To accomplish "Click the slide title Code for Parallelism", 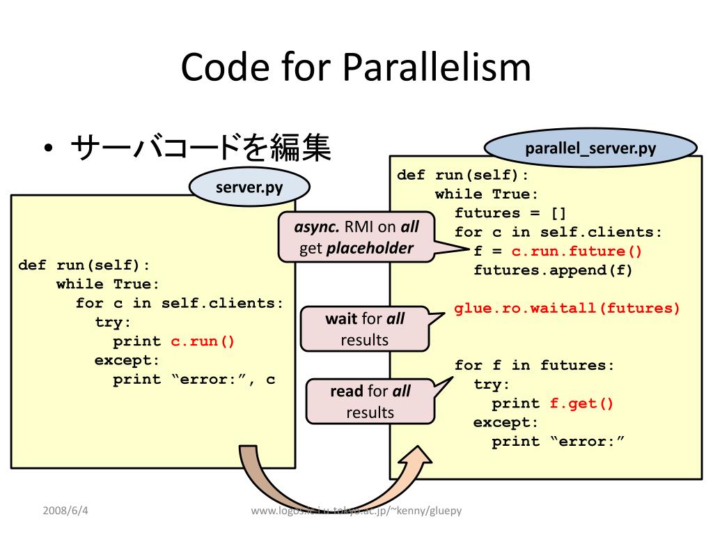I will tap(356, 68).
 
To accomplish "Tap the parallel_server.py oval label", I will tap(590, 148).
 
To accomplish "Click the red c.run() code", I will tap(203, 341).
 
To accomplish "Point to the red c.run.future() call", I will tap(577, 251).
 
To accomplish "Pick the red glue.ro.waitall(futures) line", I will tap(567, 309).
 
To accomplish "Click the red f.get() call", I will tap(581, 404).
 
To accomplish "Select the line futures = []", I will tap(510, 213).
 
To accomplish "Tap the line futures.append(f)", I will tap(553, 270).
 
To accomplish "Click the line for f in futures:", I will tap(534, 366).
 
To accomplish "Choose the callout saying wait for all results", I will tap(365, 329).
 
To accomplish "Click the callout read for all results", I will tap(370, 401).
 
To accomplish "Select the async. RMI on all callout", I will tap(357, 237).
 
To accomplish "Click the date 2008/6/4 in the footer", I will tap(66, 511).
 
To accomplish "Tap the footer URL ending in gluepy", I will tap(356, 511).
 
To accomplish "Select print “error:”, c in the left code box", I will tap(194, 380).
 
